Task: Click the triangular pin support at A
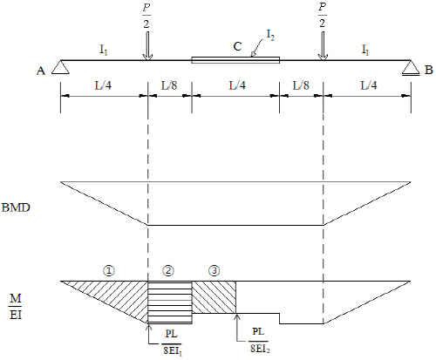point(60,67)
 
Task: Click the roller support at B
point(411,68)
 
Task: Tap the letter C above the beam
point(237,46)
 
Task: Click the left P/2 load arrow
point(148,45)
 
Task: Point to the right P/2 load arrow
point(323,45)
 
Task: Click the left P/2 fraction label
point(146,17)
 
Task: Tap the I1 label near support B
point(365,50)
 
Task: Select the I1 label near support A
point(104,50)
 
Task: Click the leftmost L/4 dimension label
point(103,85)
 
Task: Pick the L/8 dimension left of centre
point(169,85)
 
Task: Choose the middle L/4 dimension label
point(237,85)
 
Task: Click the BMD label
point(16,207)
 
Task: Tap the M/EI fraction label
point(16,306)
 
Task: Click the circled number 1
point(109,271)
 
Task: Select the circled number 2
point(168,271)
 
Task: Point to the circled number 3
point(215,271)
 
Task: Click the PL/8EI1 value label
point(172,342)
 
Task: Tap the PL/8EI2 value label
point(259,340)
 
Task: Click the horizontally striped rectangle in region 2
point(170,302)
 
